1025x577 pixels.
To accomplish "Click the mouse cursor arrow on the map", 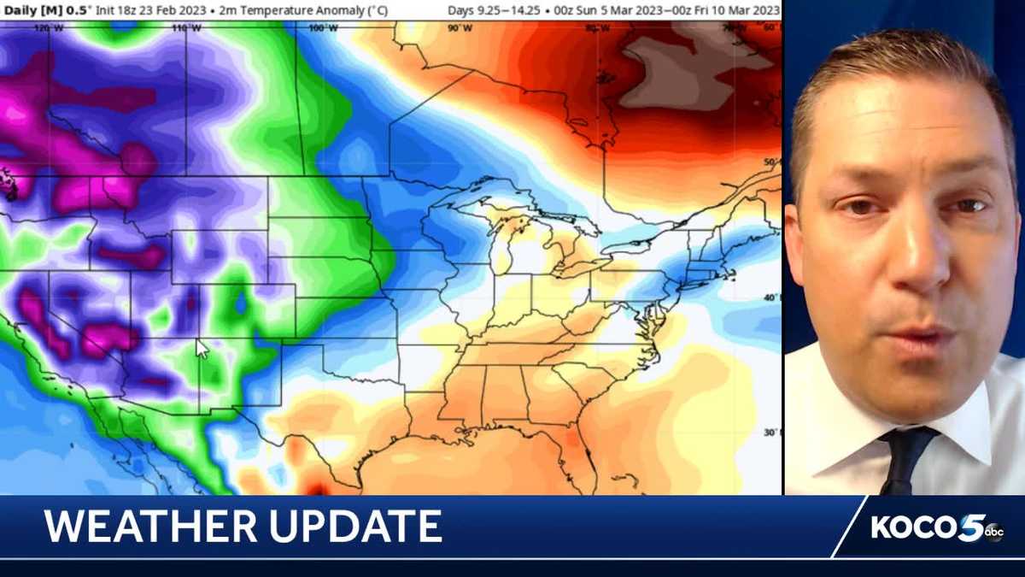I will click(x=202, y=349).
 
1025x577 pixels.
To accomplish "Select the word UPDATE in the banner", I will click(x=359, y=527).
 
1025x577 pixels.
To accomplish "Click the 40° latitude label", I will click(x=771, y=297).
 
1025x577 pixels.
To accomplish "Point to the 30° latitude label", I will click(x=771, y=433).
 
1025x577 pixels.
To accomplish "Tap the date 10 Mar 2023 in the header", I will click(x=741, y=10).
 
